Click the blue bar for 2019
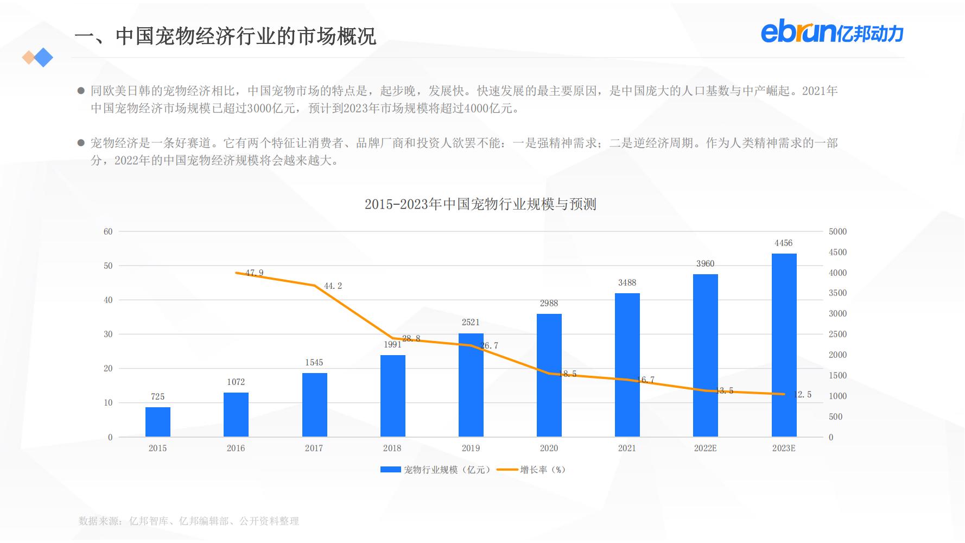(x=471, y=386)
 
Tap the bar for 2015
(x=158, y=422)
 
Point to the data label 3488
(x=627, y=283)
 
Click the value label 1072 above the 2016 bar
(x=236, y=382)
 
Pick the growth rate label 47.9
(x=254, y=273)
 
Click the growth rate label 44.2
(x=333, y=286)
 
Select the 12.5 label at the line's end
(x=802, y=395)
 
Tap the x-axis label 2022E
(x=705, y=449)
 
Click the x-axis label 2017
(x=314, y=449)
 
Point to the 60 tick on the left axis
(x=108, y=232)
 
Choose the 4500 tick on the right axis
(x=837, y=252)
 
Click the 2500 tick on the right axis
(x=837, y=334)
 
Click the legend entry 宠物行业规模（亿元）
(x=437, y=470)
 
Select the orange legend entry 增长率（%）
(x=535, y=470)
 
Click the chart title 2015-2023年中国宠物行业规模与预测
(x=480, y=205)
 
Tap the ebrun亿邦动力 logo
(x=831, y=33)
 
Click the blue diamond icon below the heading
(x=43, y=58)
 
